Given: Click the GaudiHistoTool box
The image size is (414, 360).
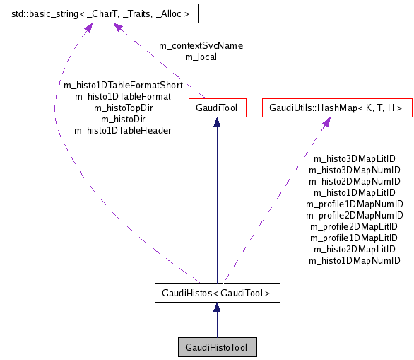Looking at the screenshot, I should tap(217, 347).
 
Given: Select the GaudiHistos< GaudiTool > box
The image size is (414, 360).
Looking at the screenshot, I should tap(216, 291).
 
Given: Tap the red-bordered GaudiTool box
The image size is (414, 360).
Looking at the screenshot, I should tap(217, 108).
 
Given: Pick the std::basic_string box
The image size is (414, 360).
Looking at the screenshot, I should tap(98, 12).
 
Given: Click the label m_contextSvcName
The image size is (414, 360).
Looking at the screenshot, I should tap(201, 46).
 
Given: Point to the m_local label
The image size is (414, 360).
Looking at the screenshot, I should tap(201, 57).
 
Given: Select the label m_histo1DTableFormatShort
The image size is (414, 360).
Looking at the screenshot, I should tap(123, 85).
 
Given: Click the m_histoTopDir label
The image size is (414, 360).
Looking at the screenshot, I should tap(123, 108).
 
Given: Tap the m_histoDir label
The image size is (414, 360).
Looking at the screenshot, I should tap(123, 119).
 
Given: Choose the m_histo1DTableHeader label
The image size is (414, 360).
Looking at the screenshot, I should tap(123, 130).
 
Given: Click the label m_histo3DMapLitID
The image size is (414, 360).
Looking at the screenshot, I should tap(354, 159).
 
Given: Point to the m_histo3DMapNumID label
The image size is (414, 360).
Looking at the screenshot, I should tap(354, 170).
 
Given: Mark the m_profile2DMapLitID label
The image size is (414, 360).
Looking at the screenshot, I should tap(354, 226).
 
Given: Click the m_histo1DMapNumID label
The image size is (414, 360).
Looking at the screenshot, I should tap(354, 260).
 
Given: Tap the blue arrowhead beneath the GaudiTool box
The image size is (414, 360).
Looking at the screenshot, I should tap(217, 123).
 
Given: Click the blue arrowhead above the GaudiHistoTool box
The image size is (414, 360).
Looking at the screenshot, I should tap(217, 307).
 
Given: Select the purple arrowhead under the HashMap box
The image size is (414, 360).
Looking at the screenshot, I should tap(326, 123).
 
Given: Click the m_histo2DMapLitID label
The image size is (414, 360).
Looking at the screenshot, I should tap(354, 249).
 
